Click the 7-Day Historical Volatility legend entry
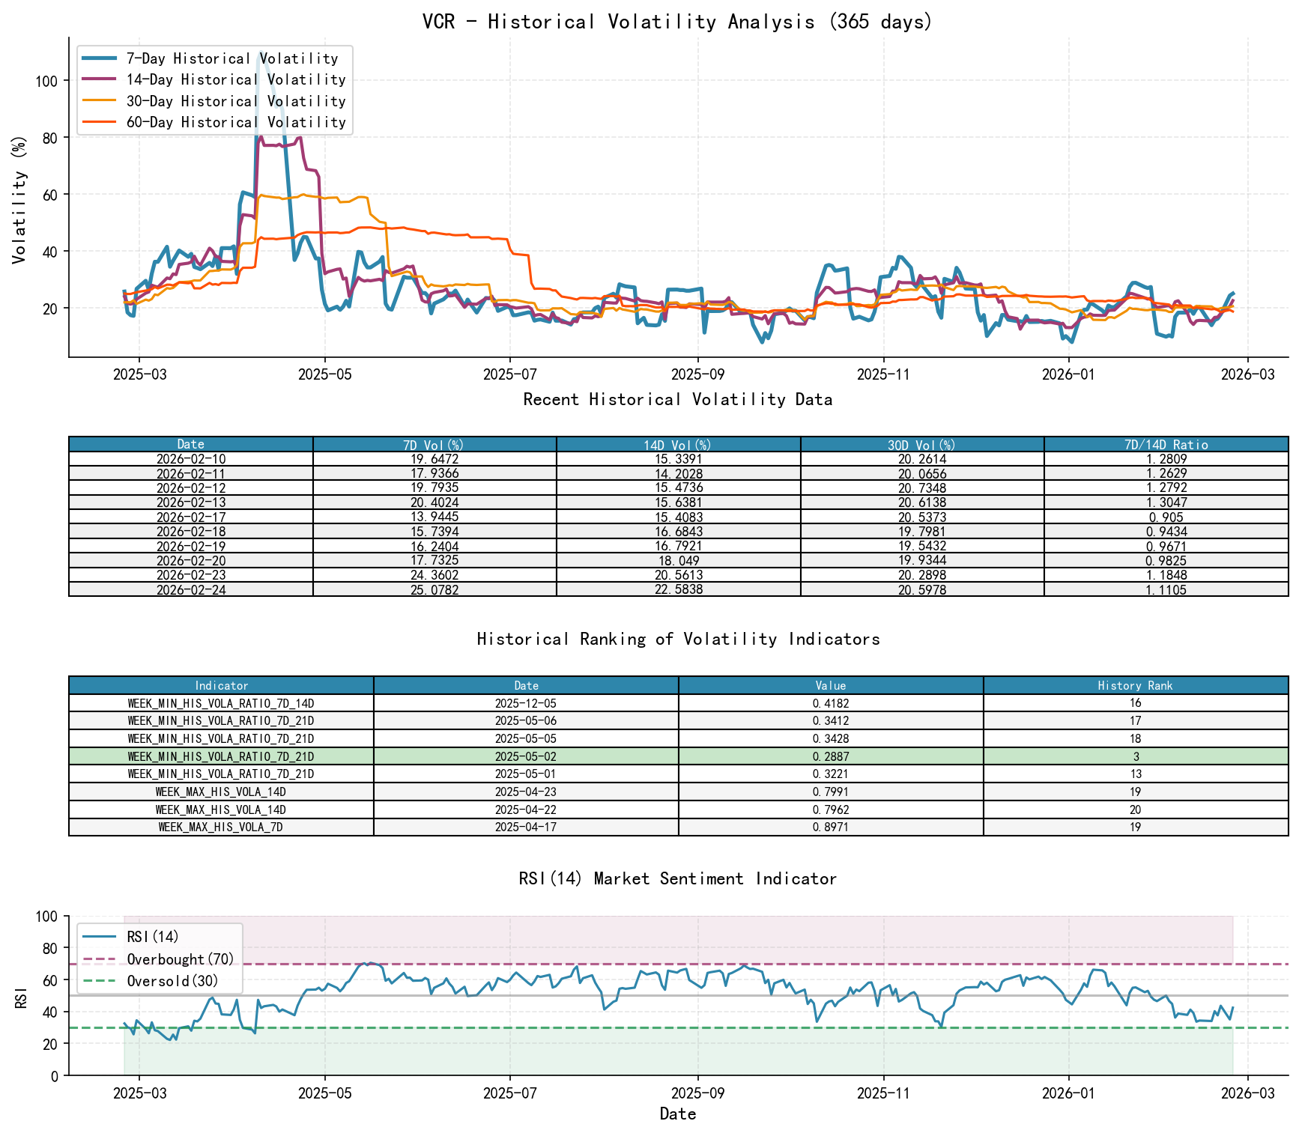point(231,58)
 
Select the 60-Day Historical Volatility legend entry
point(235,122)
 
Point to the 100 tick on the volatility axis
point(46,81)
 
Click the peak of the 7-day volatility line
point(259,53)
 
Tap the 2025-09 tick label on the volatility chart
point(697,374)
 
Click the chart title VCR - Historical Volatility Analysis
point(677,22)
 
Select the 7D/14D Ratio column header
point(1166,445)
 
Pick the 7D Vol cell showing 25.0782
point(434,590)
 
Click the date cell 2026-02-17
point(191,517)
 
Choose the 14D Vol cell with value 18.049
point(678,561)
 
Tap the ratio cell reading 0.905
point(1166,517)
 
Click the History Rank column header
point(1135,686)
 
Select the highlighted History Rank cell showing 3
point(1135,756)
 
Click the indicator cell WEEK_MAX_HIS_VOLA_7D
point(221,827)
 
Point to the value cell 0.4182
point(830,703)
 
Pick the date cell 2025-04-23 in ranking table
point(526,792)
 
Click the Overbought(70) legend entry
point(180,960)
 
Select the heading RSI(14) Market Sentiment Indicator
point(677,878)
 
